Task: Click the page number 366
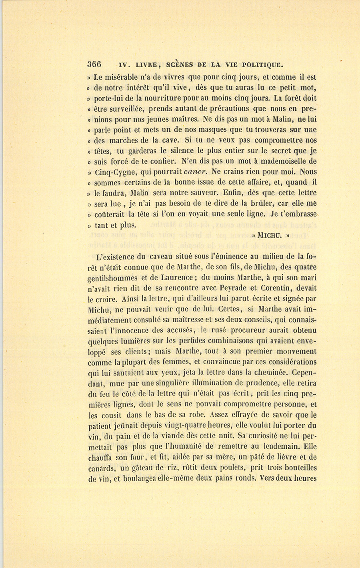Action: pos(94,64)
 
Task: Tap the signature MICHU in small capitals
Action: pos(270,236)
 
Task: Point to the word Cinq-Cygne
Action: pos(113,173)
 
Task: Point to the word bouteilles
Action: pos(299,468)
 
